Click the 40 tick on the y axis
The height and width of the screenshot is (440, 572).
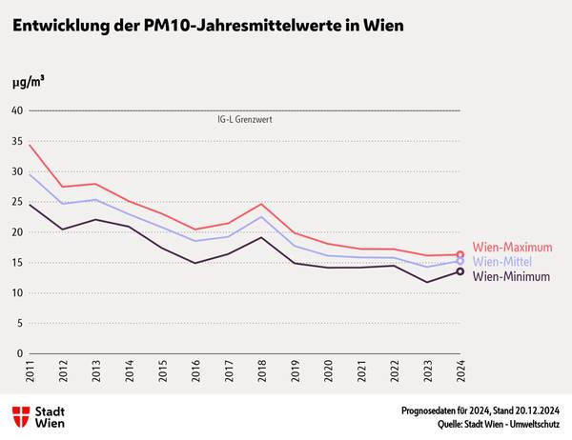coord(16,110)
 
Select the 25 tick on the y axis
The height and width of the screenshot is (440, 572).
coord(16,202)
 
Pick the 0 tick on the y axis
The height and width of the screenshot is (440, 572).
coord(19,353)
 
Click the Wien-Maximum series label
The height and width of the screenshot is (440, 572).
coord(513,247)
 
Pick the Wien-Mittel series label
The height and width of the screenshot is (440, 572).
coord(501,262)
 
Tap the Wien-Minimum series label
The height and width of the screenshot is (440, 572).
coord(512,277)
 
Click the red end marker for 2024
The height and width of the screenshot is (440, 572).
coord(460,255)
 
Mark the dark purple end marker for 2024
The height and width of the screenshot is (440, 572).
coord(460,272)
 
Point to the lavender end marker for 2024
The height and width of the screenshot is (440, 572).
coord(460,261)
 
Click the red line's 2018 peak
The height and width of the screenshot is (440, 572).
coord(261,204)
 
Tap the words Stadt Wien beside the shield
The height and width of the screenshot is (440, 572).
coord(50,415)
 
